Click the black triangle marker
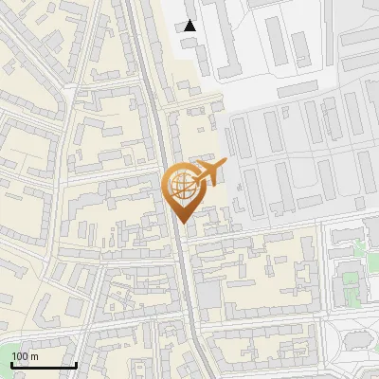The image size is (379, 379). pyautogui.click(x=190, y=26)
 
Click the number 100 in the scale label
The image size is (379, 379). pyautogui.click(x=21, y=356)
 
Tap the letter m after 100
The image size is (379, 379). pyautogui.click(x=34, y=356)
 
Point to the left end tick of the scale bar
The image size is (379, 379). pyautogui.click(x=11, y=364)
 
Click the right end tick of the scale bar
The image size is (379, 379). pyautogui.click(x=76, y=364)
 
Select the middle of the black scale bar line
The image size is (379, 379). pyautogui.click(x=44, y=366)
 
